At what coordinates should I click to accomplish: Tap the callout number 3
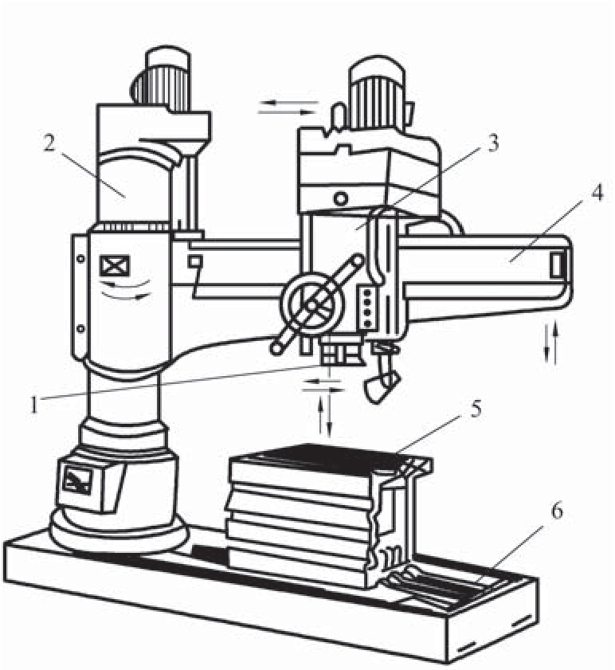[x=493, y=143]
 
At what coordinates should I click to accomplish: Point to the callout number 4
[x=597, y=192]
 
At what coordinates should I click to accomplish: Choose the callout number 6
[x=557, y=511]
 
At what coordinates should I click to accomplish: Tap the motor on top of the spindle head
[x=377, y=93]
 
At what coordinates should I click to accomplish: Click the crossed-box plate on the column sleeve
[x=115, y=266]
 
